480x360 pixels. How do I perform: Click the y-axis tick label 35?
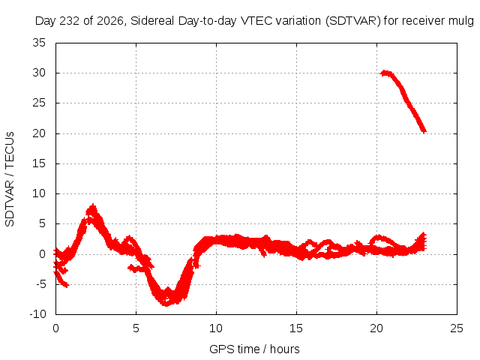39,43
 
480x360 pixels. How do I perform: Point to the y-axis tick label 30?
39,73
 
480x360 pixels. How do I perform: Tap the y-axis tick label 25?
39,103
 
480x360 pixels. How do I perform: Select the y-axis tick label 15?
39,163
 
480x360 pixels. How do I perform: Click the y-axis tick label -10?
37,314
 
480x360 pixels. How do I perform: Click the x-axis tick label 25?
457,328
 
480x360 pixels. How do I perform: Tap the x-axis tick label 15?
296,328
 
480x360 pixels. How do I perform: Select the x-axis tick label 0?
55,328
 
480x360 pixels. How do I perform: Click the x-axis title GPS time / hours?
254,349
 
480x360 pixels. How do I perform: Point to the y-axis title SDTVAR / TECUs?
10,179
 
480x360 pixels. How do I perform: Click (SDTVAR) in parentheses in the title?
353,21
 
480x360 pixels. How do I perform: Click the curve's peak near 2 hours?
92,205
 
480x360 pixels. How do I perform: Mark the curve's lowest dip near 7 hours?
166,304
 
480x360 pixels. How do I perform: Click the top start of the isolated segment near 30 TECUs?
382,73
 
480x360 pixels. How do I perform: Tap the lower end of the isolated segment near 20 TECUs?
424,132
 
